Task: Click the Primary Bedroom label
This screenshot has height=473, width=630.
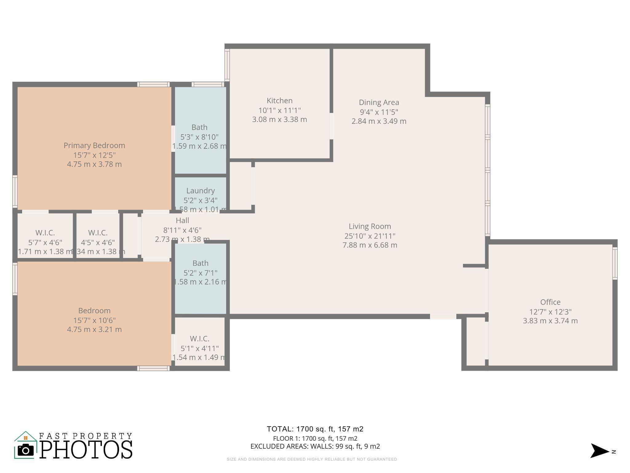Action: click(x=94, y=145)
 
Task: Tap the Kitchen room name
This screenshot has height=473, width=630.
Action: click(x=279, y=101)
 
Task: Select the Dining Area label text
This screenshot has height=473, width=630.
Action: click(x=379, y=102)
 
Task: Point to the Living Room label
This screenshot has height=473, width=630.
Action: click(x=370, y=226)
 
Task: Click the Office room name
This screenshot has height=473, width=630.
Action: click(x=550, y=302)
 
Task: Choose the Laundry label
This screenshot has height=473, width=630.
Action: click(x=200, y=191)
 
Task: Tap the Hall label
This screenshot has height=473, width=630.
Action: click(x=182, y=220)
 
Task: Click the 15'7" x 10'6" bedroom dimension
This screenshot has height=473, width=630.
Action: click(x=94, y=320)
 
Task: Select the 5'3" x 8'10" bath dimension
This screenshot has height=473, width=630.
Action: click(x=199, y=137)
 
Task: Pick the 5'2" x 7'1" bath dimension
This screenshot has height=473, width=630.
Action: click(x=200, y=273)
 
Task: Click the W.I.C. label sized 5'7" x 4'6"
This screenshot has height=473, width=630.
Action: click(x=45, y=233)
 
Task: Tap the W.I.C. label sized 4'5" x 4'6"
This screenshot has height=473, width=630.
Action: click(x=98, y=233)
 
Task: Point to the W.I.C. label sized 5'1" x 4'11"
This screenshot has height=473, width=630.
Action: click(x=200, y=339)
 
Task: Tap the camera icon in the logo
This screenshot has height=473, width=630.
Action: click(x=26, y=450)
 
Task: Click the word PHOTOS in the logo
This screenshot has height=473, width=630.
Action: click(x=86, y=450)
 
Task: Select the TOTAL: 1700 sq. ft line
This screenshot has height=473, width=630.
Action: click(x=315, y=429)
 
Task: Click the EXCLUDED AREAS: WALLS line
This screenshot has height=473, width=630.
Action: click(x=315, y=446)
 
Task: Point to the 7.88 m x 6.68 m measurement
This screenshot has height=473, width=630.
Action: click(x=370, y=245)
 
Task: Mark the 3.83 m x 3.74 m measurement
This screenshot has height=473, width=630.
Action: click(x=550, y=321)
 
